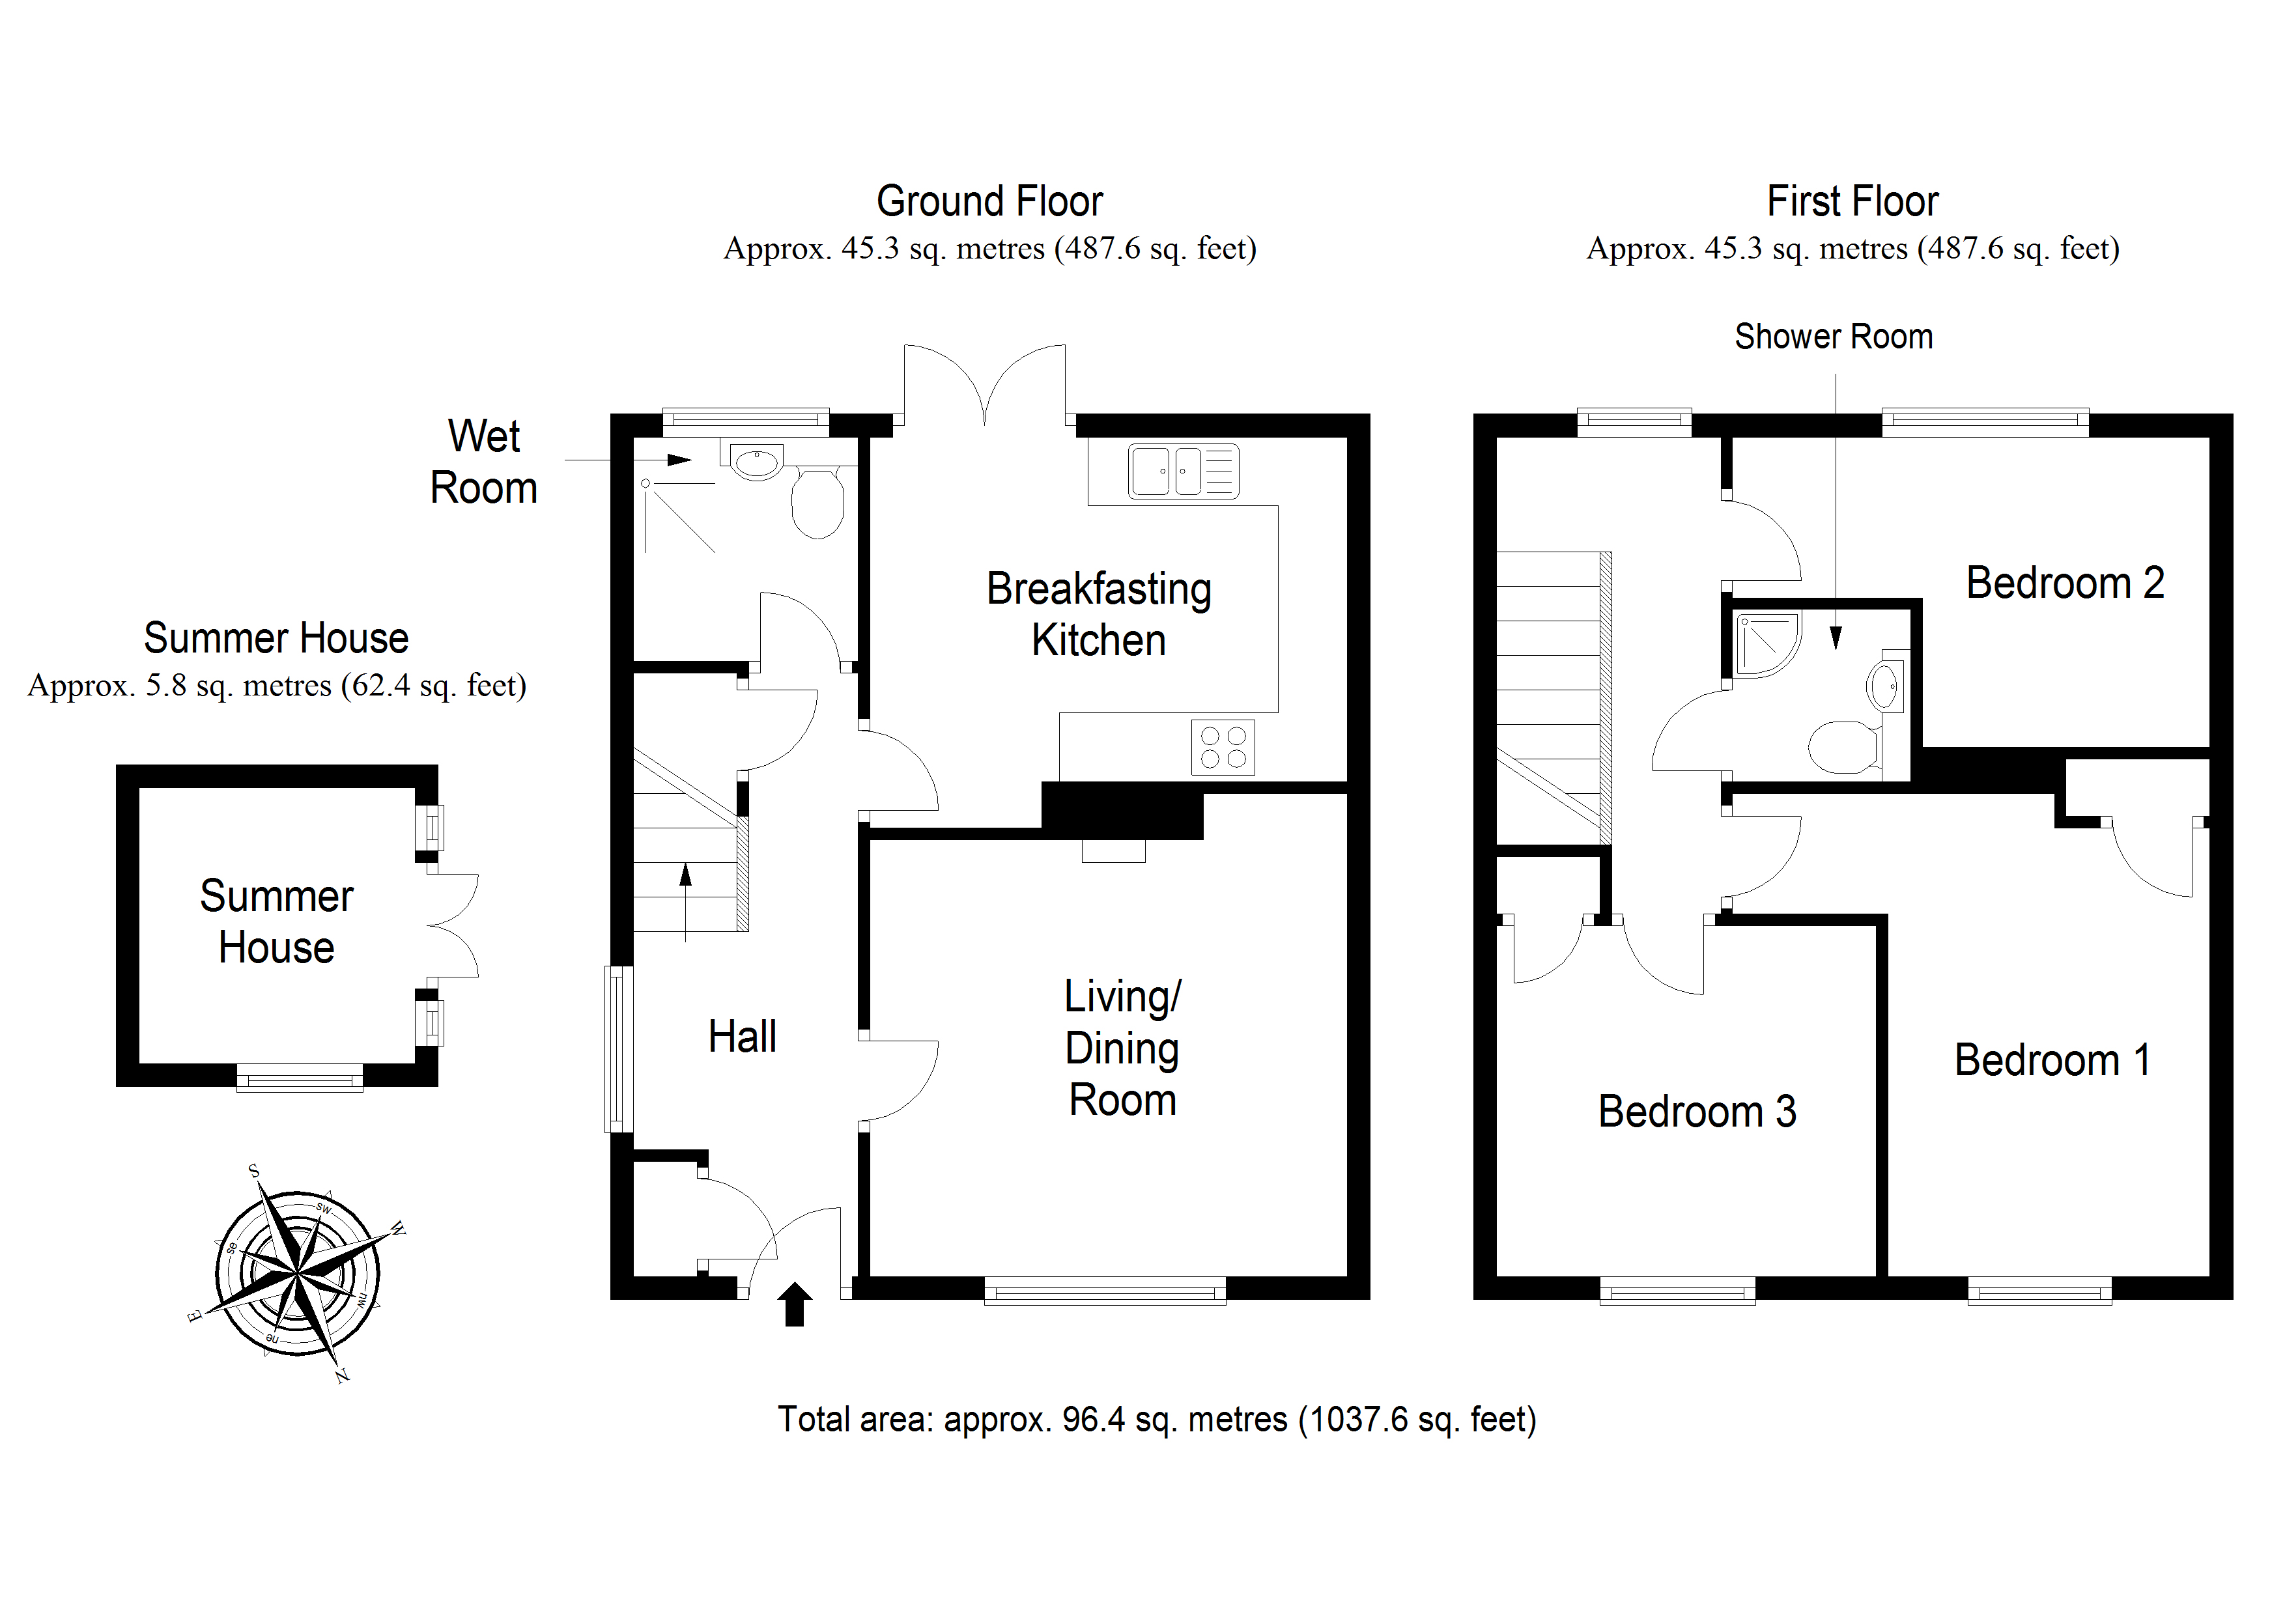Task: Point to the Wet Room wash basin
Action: click(756, 462)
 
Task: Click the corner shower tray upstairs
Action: click(1767, 645)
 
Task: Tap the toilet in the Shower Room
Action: click(1843, 748)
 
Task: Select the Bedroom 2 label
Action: click(2065, 583)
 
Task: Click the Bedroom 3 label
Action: click(1697, 1112)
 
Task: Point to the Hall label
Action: click(743, 1037)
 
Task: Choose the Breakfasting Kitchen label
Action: click(1099, 614)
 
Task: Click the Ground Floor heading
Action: click(989, 202)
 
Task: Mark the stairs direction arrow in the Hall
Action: click(686, 901)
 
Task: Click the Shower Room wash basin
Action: click(1884, 686)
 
